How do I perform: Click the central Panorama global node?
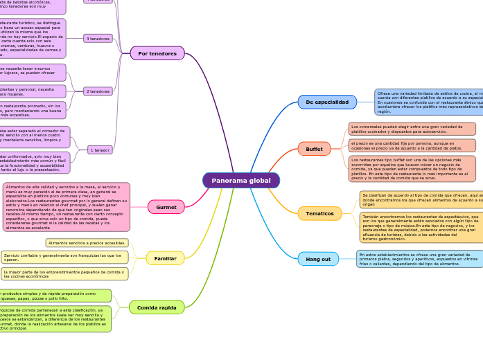click(241, 181)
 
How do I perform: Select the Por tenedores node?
click(157, 53)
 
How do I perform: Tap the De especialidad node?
click(327, 102)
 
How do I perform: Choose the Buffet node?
click(314, 149)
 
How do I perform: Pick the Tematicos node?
click(319, 213)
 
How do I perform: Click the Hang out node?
click(318, 259)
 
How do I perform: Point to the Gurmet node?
click(166, 207)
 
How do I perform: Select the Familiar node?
click(165, 258)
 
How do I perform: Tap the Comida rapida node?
click(157, 307)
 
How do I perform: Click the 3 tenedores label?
click(98, 38)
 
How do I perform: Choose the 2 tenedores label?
click(98, 91)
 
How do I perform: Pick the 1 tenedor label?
click(100, 150)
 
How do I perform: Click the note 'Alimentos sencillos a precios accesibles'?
click(87, 243)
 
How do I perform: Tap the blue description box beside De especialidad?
click(428, 102)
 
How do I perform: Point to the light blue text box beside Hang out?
click(419, 259)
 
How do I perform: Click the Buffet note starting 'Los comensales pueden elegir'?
click(412, 129)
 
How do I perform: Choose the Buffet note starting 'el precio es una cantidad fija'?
click(412, 145)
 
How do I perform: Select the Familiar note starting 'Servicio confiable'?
click(64, 258)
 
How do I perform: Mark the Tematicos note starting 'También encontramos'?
click(421, 228)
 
